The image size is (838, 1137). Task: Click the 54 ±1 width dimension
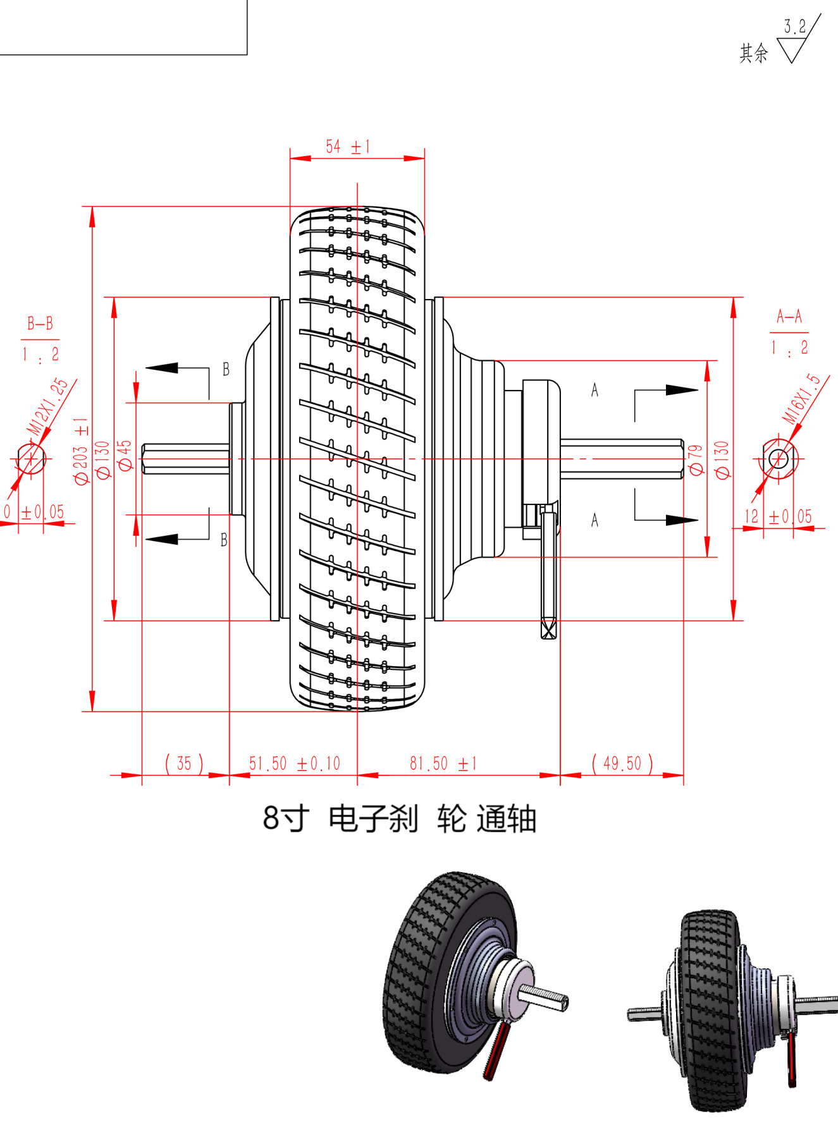click(x=347, y=147)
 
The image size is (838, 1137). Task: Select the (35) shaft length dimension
click(x=184, y=763)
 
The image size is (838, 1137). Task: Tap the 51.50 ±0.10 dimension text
click(x=294, y=763)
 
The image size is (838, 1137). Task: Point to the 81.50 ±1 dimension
click(x=443, y=763)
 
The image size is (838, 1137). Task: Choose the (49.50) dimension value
click(x=622, y=763)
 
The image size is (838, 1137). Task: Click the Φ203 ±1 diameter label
click(x=81, y=451)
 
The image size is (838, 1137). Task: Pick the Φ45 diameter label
click(x=125, y=455)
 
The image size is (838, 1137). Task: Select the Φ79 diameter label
click(x=696, y=459)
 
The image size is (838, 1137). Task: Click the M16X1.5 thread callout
click(x=801, y=399)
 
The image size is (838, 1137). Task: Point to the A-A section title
click(x=789, y=316)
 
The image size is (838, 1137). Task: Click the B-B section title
click(x=40, y=324)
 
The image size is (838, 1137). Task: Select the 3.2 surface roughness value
click(x=795, y=27)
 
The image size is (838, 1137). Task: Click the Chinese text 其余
click(x=754, y=53)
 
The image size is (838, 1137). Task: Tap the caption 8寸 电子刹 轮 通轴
click(x=399, y=818)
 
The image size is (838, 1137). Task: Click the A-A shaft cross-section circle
click(x=779, y=458)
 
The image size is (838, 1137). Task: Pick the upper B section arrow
click(x=163, y=368)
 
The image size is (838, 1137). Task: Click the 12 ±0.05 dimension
click(x=777, y=516)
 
